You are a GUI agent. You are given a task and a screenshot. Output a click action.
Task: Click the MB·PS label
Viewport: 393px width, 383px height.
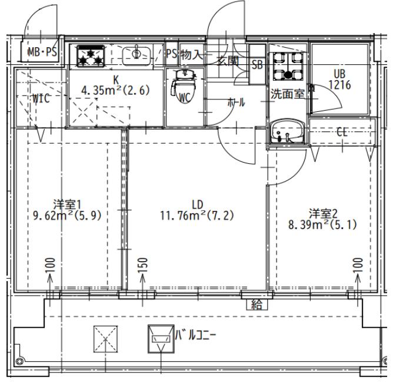(x=42, y=52)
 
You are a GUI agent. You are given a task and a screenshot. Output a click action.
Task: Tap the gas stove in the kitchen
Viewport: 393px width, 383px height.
(x=91, y=56)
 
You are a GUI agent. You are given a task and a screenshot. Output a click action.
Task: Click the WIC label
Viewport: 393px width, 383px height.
(x=41, y=98)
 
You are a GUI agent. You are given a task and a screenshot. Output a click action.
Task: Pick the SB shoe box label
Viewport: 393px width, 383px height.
(x=257, y=65)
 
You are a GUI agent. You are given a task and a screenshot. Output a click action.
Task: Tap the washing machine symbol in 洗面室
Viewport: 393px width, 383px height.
(x=288, y=66)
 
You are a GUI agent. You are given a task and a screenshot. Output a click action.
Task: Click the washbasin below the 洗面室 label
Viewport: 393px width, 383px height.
(x=288, y=132)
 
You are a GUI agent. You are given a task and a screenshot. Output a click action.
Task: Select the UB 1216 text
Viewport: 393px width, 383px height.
(x=339, y=80)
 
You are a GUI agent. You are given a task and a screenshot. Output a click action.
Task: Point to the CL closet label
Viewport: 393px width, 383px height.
(x=342, y=132)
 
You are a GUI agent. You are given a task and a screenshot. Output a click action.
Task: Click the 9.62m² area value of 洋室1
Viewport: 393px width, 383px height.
(x=53, y=215)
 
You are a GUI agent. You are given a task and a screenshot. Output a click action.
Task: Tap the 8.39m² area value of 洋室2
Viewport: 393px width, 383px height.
(x=309, y=224)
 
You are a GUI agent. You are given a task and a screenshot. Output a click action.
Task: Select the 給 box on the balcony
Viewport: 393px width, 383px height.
(x=257, y=305)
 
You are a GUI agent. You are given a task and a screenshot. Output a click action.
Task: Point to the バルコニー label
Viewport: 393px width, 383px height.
(x=195, y=335)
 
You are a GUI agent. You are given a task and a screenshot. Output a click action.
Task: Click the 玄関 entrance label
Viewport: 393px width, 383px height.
(x=227, y=61)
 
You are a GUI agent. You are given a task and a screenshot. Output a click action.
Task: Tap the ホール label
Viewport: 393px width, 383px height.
(x=236, y=102)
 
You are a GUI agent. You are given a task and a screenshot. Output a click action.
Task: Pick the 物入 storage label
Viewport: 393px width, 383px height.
(x=191, y=54)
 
